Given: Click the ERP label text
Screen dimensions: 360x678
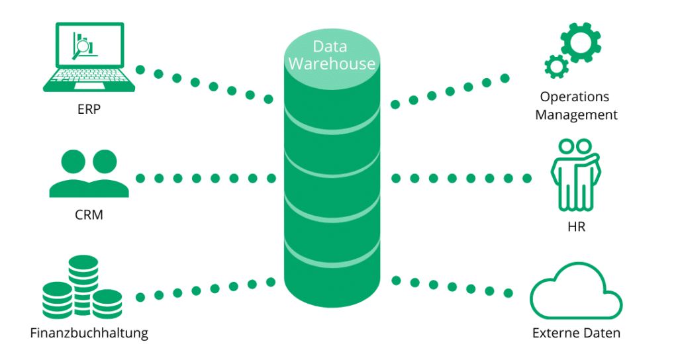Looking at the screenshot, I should (88, 110).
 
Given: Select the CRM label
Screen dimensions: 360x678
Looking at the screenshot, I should (89, 214).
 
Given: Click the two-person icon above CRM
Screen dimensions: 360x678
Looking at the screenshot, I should (89, 173).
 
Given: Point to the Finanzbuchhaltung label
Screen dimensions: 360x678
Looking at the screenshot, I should (89, 333).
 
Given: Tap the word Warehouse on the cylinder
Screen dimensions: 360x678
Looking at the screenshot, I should (332, 64).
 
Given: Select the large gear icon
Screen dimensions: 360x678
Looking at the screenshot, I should (581, 41).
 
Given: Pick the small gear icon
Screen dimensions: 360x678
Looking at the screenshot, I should (554, 67).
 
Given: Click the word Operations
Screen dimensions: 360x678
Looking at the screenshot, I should (574, 97).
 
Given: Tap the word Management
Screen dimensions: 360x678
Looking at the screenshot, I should (576, 115).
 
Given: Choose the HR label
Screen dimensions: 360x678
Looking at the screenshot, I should (576, 227).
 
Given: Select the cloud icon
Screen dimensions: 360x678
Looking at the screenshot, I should (575, 294).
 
